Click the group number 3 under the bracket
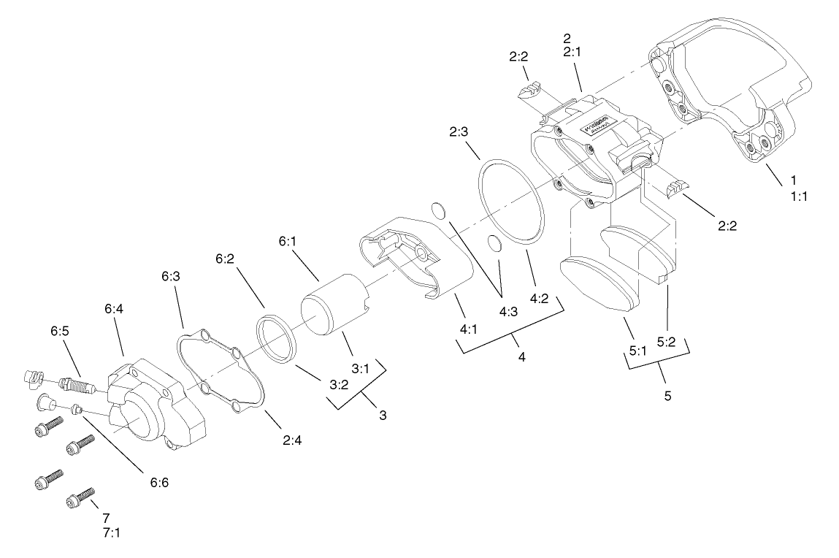pyautogui.click(x=383, y=415)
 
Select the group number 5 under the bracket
pyautogui.click(x=667, y=396)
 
